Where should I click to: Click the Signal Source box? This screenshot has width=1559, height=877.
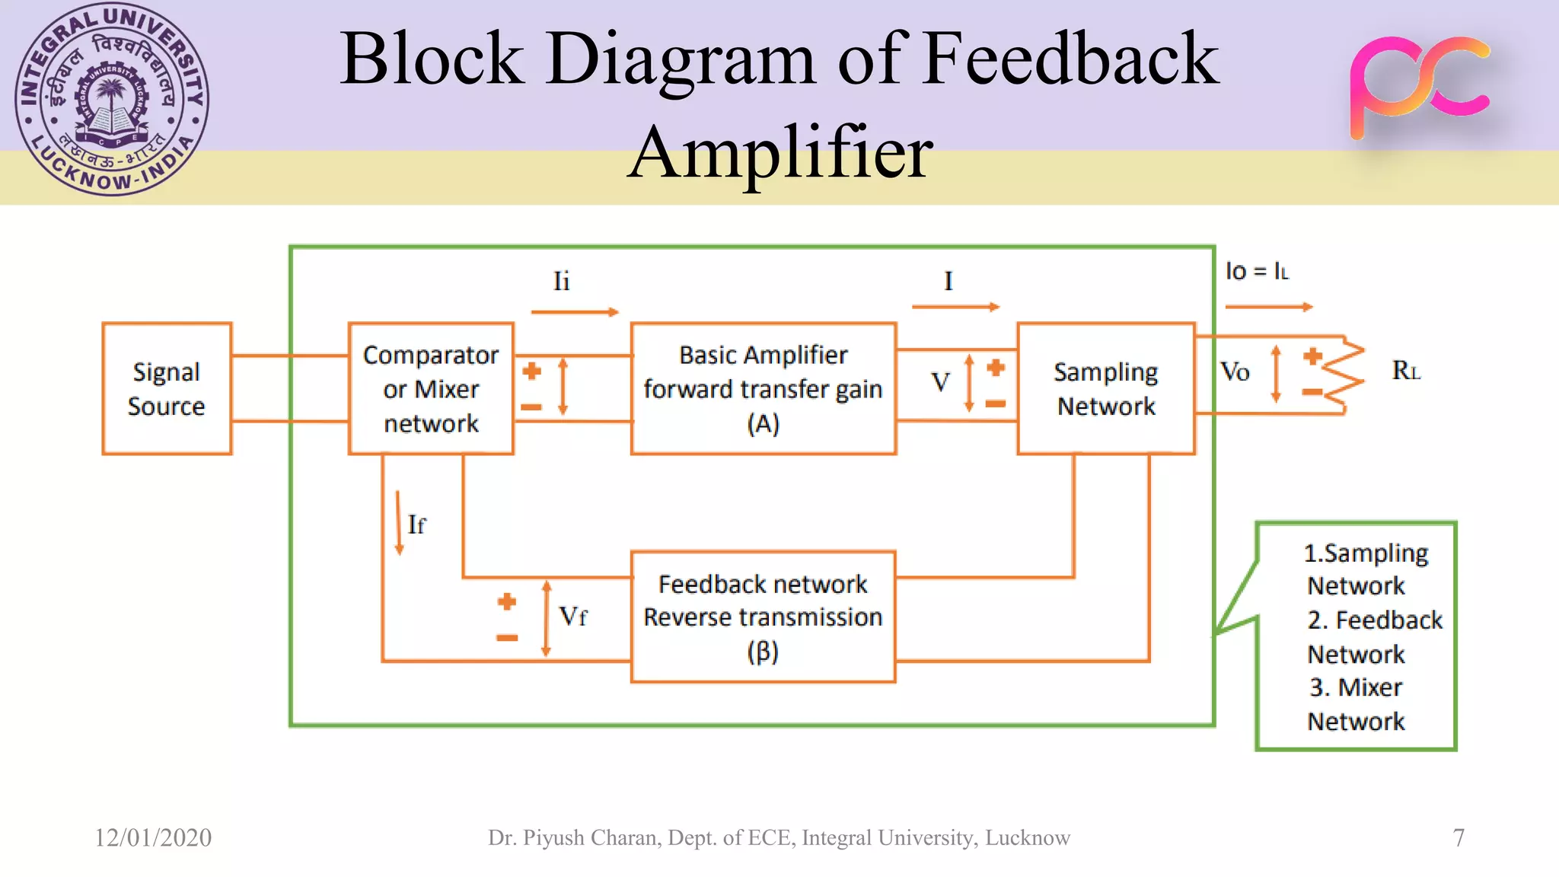coord(167,388)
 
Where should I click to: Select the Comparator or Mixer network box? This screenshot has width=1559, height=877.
coord(431,388)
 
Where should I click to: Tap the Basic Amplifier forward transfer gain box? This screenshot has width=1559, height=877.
coord(763,388)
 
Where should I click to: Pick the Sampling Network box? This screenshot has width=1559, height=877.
coord(1105,388)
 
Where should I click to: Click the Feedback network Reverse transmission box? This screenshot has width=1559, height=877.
coord(763,617)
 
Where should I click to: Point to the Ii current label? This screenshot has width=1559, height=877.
coord(561,281)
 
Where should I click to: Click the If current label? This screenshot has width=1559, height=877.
coord(416,525)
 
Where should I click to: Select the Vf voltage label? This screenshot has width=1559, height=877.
coord(572,616)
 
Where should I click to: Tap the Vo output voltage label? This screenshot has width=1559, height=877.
coord(1235,372)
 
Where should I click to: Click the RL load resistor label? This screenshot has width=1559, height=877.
coord(1406,371)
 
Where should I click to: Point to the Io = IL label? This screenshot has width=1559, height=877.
coord(1257,271)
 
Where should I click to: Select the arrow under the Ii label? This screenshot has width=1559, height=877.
coord(575,311)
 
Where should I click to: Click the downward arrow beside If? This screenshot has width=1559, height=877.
coord(398,523)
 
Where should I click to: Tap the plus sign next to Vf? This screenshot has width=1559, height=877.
coord(507,602)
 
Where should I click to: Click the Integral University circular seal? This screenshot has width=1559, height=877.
coord(112,99)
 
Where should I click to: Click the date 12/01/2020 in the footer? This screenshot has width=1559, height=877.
coord(153,837)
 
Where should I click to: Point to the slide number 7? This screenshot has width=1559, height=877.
coord(1458,837)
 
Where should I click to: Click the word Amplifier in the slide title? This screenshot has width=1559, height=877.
coord(779,152)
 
